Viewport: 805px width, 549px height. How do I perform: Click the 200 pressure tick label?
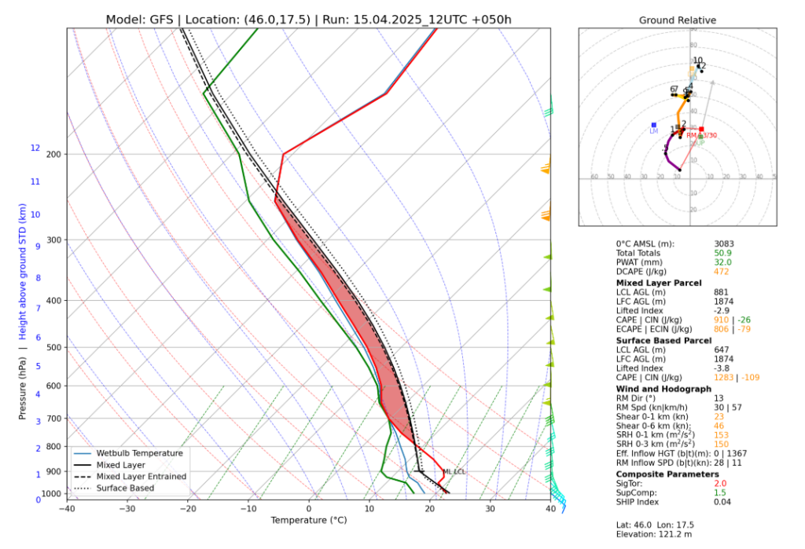53,154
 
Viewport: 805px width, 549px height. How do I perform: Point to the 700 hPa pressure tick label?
53,419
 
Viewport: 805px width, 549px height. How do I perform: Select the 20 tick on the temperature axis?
429,508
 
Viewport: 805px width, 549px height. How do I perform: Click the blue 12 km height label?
35,148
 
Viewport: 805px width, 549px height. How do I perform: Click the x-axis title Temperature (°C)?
308,521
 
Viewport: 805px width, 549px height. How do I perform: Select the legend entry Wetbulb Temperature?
139,453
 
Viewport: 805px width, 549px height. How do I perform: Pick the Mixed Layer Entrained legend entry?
142,477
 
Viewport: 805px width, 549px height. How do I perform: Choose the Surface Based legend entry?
125,489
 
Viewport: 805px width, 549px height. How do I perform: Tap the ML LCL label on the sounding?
454,472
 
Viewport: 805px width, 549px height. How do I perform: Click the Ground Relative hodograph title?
677,20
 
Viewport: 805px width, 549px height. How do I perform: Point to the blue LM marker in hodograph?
653,125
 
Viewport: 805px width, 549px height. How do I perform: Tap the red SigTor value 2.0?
721,484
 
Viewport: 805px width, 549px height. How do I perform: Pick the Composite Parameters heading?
667,474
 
